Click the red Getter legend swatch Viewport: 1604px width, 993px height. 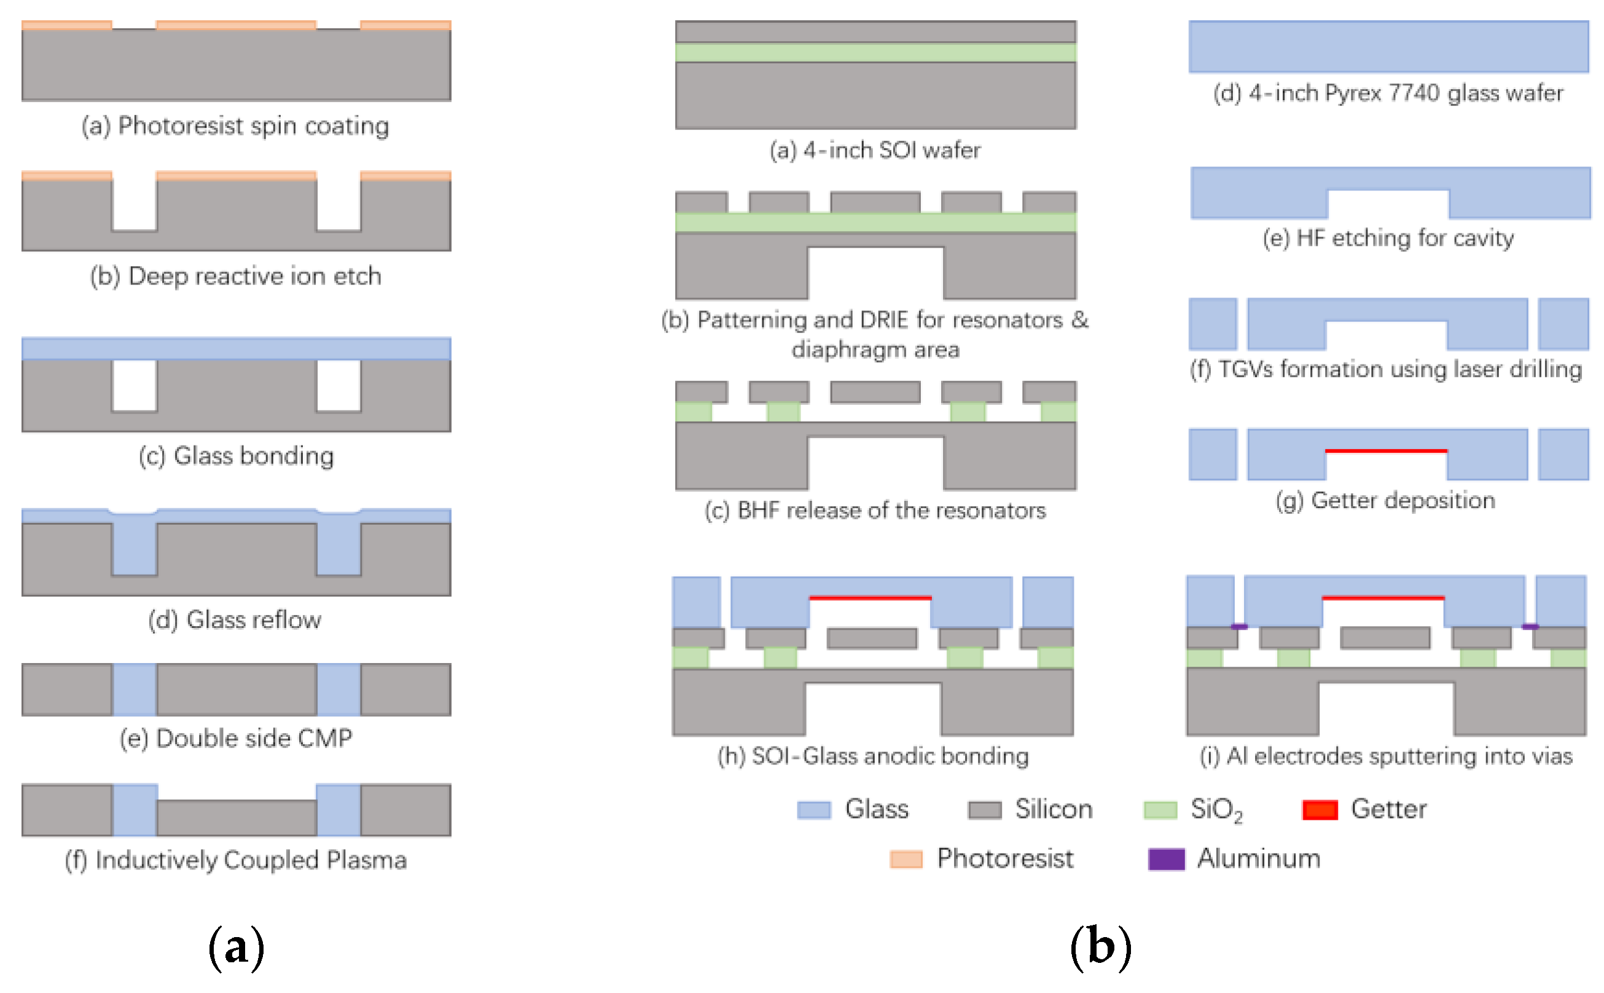[1319, 810]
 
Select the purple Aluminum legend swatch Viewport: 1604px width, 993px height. [1165, 859]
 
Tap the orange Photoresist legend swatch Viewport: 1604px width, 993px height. [906, 859]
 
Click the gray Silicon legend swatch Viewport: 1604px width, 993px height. [984, 810]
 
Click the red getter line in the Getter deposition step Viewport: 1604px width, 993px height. [1385, 450]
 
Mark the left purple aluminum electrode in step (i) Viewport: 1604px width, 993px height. [1238, 627]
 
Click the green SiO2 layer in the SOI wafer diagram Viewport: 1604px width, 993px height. [875, 53]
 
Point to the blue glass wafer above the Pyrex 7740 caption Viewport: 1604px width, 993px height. [1388, 46]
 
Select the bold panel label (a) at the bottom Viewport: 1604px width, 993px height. [236, 948]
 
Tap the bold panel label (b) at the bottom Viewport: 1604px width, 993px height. [1100, 948]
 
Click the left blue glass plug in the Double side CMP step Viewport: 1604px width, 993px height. [134, 689]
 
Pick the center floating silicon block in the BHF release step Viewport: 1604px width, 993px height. [875, 392]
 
